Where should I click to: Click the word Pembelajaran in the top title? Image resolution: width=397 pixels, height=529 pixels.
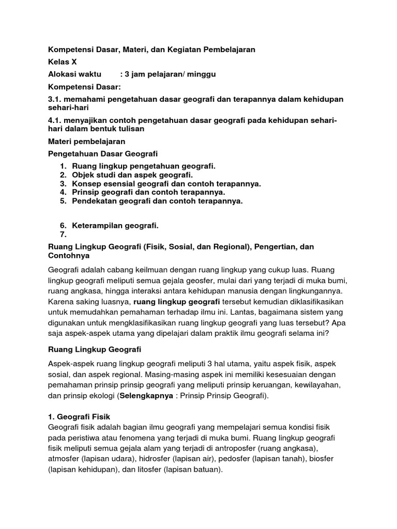[226, 50]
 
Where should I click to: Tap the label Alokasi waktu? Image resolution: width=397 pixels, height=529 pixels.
[74, 74]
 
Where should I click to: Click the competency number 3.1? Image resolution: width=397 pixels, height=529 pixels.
[55, 99]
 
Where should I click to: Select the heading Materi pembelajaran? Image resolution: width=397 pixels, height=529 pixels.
[86, 141]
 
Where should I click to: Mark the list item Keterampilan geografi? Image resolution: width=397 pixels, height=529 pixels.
[115, 225]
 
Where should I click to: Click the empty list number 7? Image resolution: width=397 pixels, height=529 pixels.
[64, 234]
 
